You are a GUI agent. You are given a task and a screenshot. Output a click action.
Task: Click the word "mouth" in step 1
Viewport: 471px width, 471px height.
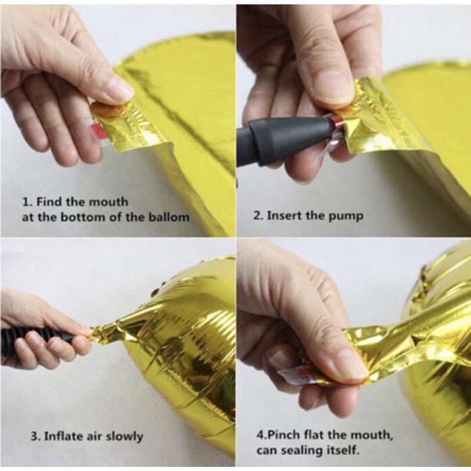[109, 202]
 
